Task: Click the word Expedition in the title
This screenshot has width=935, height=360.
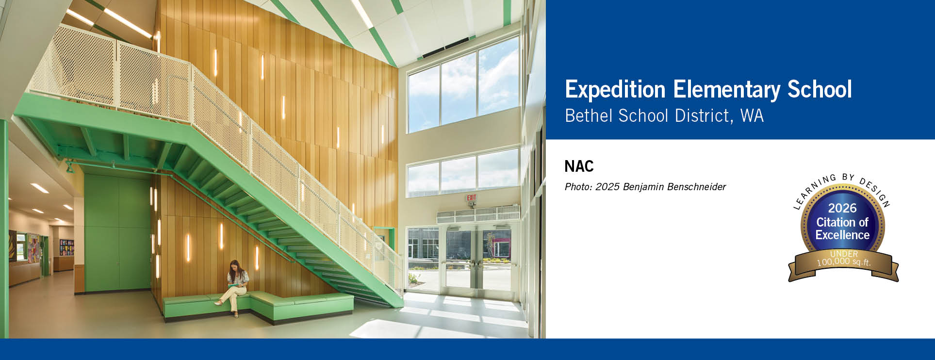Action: [615, 90]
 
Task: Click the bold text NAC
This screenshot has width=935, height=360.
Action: [579, 166]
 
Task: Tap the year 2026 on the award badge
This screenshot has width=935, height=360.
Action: [842, 208]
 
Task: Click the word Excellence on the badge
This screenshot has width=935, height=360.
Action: [842, 235]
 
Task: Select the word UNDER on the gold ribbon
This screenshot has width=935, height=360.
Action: [844, 254]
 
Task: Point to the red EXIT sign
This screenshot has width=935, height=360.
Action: [471, 198]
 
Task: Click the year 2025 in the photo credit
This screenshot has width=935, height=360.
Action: [607, 187]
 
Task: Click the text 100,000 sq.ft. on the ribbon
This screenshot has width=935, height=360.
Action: [844, 262]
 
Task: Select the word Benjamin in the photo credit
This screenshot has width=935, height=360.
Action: [645, 187]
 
